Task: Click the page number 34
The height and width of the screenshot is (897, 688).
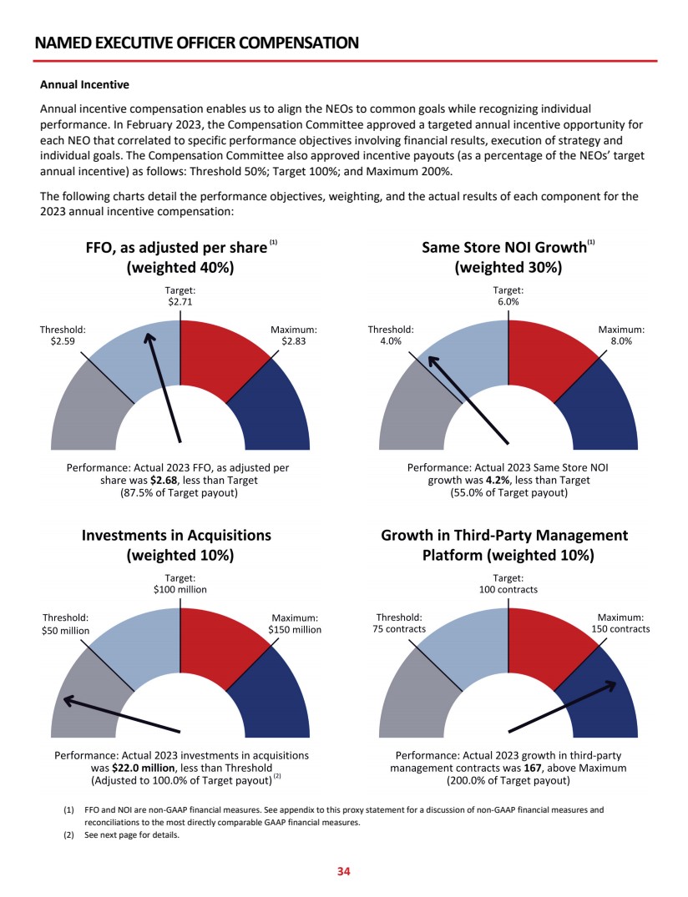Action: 343,872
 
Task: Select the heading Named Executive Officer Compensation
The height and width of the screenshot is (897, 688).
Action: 197,43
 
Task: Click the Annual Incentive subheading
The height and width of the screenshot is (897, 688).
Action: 84,85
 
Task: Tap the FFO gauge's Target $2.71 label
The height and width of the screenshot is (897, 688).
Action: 180,295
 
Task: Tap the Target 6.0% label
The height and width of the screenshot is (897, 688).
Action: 508,295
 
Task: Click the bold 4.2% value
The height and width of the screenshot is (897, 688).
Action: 498,481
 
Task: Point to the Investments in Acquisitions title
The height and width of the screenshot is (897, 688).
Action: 176,536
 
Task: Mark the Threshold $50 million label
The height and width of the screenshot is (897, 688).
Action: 65,624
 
